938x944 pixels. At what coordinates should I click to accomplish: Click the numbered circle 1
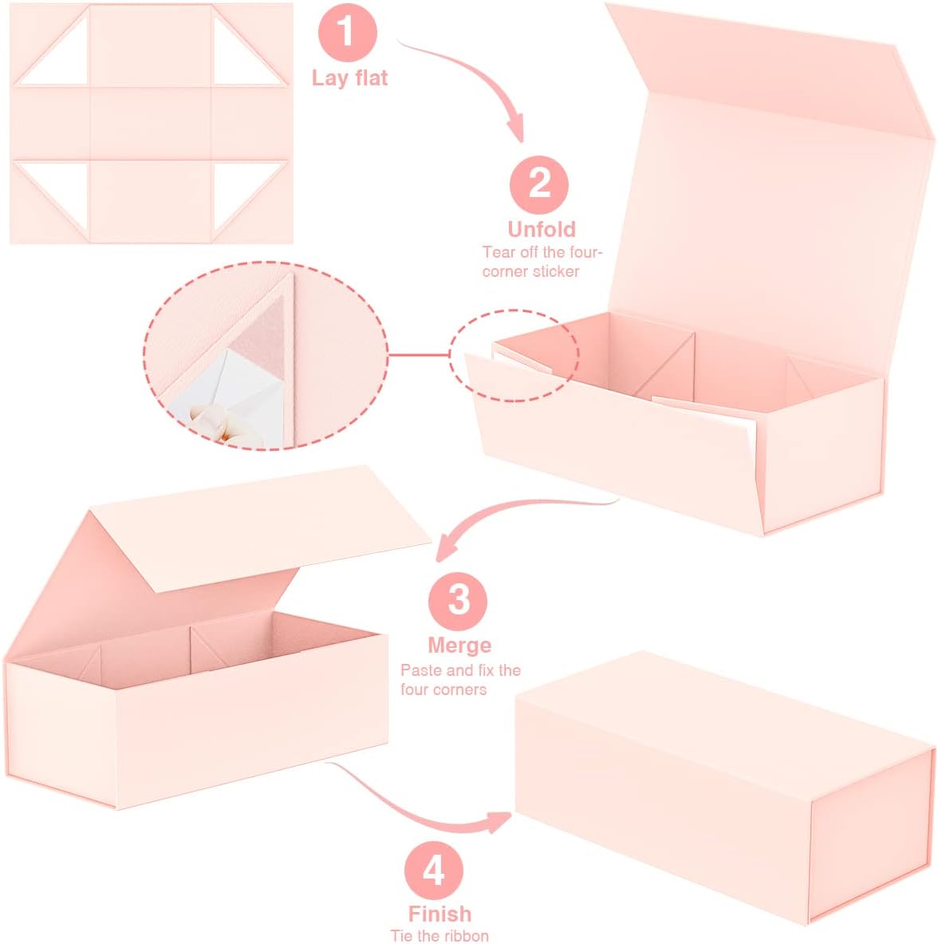pyautogui.click(x=347, y=32)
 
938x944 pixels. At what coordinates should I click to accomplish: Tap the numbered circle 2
pyautogui.click(x=538, y=184)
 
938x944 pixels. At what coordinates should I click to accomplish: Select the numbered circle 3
pyautogui.click(x=458, y=601)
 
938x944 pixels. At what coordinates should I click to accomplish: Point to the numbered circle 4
pyautogui.click(x=434, y=870)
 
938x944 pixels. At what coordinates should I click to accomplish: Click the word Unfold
pyautogui.click(x=542, y=229)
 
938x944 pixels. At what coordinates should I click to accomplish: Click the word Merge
pyautogui.click(x=459, y=646)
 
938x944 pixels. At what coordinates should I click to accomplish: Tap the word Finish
pyautogui.click(x=439, y=914)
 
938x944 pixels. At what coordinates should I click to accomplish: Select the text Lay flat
pyautogui.click(x=349, y=78)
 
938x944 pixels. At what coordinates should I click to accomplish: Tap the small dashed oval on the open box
pyautogui.click(x=514, y=355)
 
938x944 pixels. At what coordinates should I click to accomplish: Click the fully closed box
pyautogui.click(x=725, y=788)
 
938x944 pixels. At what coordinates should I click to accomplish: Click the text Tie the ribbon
pyautogui.click(x=439, y=936)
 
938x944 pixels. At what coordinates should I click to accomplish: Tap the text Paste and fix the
pyautogui.click(x=461, y=670)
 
